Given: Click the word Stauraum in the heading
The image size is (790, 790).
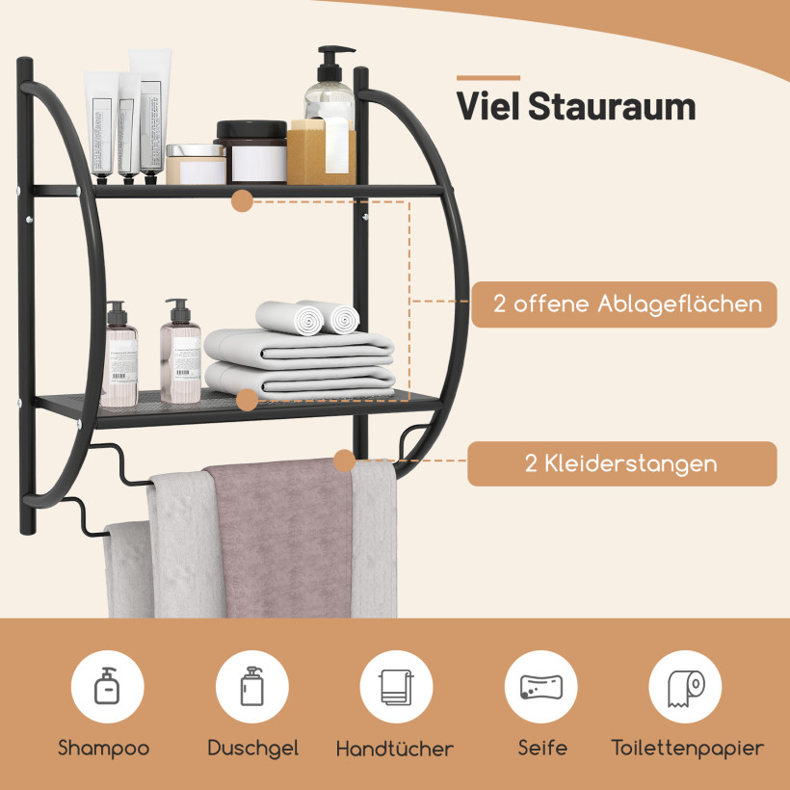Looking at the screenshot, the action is [612, 106].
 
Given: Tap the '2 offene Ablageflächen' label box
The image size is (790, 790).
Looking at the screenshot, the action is [624, 304].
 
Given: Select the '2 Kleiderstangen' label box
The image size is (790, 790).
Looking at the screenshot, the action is [621, 463].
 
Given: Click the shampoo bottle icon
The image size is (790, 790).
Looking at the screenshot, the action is [107, 685].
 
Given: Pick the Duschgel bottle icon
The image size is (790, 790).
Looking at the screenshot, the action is [251, 686].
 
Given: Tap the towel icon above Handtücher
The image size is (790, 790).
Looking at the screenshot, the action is [397, 687].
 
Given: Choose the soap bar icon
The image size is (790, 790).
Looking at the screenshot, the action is [541, 687].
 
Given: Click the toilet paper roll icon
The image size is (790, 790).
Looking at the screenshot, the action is [686, 687].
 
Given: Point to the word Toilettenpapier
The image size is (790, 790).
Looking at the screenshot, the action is [688, 749].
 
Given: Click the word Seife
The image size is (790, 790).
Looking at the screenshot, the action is [542, 748].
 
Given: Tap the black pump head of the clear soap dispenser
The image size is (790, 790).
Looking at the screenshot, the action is [333, 63].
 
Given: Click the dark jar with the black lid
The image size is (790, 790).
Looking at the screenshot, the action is [250, 151].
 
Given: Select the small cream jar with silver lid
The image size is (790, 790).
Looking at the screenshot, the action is [196, 164].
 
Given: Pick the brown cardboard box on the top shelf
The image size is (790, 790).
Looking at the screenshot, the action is [322, 152].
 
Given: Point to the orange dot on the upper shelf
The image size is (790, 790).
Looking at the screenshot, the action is [243, 200].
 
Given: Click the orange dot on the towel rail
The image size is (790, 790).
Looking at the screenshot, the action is [345, 461].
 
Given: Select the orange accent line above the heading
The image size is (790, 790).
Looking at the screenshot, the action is [488, 78].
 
